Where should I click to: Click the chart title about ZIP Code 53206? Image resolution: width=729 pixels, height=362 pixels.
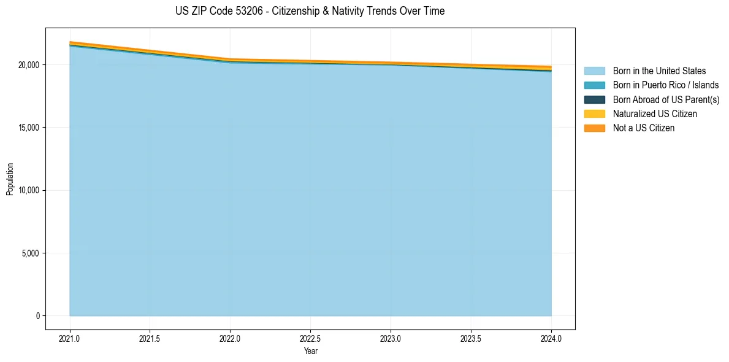tap(310, 11)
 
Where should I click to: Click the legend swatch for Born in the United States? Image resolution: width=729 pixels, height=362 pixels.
tap(594, 71)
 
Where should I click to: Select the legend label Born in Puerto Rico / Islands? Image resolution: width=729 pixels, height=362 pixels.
tap(665, 85)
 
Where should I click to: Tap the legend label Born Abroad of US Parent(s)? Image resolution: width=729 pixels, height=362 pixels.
tap(666, 99)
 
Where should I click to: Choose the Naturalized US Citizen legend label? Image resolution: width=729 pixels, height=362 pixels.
tap(655, 114)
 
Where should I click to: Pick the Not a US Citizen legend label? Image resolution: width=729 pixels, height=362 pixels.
tap(643, 128)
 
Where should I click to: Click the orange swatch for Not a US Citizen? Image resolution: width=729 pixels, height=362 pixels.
tap(594, 128)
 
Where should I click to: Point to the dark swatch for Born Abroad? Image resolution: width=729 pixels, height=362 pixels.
tap(594, 99)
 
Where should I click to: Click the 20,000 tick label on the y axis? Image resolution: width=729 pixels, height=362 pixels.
tap(29, 65)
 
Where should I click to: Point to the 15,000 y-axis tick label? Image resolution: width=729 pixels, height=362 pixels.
tap(29, 128)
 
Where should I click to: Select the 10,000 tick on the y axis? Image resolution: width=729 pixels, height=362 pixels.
tap(29, 190)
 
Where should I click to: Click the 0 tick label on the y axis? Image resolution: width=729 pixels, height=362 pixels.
tap(37, 316)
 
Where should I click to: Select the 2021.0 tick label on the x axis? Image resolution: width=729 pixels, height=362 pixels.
tap(70, 338)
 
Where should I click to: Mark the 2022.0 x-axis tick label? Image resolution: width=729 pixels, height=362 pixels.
tap(231, 338)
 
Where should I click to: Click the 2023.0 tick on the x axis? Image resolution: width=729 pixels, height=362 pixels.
tap(391, 338)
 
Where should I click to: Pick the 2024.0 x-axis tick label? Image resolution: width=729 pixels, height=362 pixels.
tap(551, 338)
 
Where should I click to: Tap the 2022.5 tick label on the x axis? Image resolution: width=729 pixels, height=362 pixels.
tap(310, 338)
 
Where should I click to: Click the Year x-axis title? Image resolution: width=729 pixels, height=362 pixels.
tap(310, 352)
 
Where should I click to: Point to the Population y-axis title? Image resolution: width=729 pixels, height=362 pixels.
tap(10, 179)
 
